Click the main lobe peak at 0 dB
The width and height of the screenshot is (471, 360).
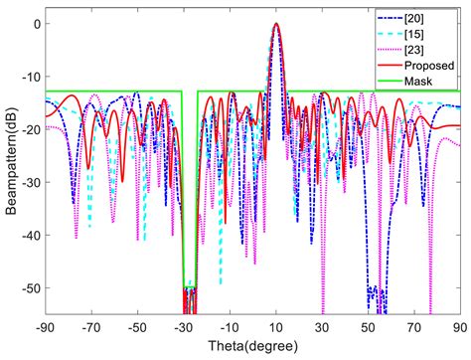pyautogui.click(x=276, y=25)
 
